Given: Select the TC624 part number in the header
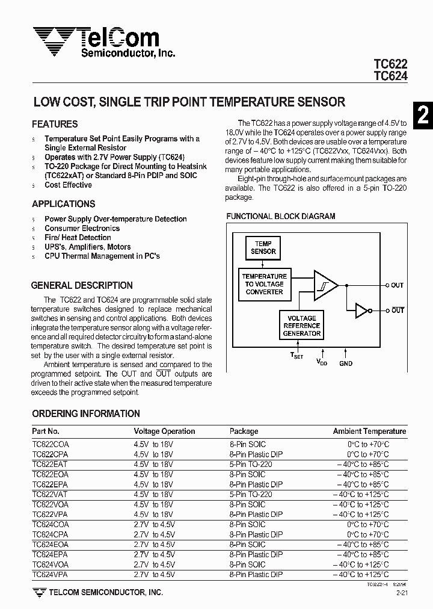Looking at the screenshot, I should click(x=390, y=76).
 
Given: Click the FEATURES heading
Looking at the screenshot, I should click(x=55, y=124).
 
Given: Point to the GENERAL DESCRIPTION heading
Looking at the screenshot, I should click(x=82, y=285).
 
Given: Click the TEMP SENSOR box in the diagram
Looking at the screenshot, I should click(x=263, y=248).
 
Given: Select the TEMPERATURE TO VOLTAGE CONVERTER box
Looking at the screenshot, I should click(x=264, y=284).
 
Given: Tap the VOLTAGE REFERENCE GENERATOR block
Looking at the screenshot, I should click(x=302, y=326).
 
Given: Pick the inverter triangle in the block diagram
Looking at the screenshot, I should click(x=361, y=311).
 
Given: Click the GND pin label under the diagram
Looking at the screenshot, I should click(x=346, y=363).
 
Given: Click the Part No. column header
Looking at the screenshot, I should click(x=46, y=431).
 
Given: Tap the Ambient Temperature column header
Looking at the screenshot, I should click(x=369, y=431).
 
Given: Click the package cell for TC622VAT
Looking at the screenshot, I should click(x=251, y=494).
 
